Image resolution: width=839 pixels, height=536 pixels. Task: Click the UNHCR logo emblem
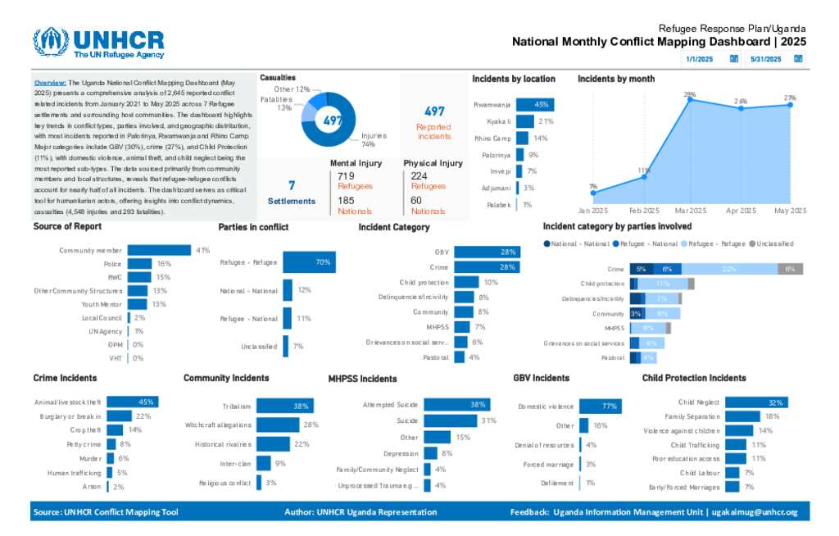(51, 43)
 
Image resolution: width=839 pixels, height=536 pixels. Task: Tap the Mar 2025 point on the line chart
(690, 99)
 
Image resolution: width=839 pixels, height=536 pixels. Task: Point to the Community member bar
(160, 250)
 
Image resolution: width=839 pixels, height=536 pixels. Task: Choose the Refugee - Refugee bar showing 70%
(309, 262)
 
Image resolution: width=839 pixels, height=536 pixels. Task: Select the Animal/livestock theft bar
(132, 402)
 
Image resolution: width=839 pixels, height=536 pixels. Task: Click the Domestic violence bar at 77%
(601, 407)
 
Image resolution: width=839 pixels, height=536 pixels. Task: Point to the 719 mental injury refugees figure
(347, 176)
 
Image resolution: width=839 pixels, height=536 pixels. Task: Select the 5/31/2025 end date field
(765, 59)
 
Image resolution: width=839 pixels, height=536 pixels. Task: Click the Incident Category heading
(393, 227)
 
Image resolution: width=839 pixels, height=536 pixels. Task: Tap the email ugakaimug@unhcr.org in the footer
(755, 512)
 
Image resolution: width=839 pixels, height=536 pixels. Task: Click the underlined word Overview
(50, 84)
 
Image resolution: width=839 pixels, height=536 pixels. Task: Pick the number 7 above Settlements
(292, 185)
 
